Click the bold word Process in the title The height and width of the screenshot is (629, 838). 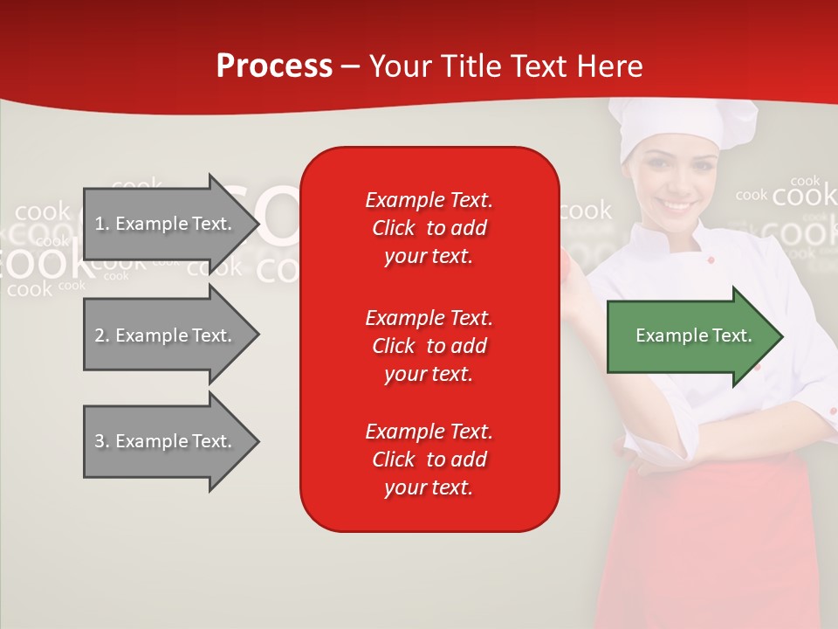coord(274,66)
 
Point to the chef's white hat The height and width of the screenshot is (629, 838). coord(670,127)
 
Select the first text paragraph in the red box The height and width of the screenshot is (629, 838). coord(429,228)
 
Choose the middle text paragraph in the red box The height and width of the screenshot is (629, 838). coord(429,346)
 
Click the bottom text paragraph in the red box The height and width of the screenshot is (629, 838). coord(429,460)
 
